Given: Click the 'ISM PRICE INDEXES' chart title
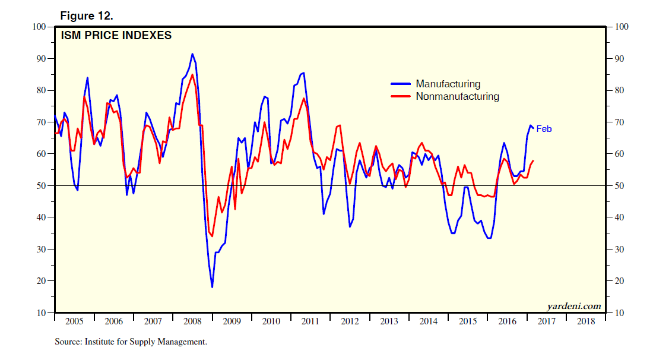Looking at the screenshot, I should click(x=116, y=36).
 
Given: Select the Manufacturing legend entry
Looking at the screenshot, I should click(x=448, y=84).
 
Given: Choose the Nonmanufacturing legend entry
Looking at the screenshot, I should click(x=457, y=96).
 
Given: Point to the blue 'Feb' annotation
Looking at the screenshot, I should click(x=544, y=129).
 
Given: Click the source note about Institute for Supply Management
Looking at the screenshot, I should click(x=131, y=342).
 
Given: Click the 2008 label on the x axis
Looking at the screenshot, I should click(x=192, y=321).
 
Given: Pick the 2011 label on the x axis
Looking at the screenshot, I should click(x=310, y=321).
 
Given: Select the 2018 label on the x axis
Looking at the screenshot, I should click(x=585, y=321).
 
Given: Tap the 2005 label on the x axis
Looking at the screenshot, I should click(x=74, y=321).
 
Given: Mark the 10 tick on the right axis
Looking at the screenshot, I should click(x=618, y=312).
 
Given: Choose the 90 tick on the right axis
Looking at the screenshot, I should click(x=618, y=58).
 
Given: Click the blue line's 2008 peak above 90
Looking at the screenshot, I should click(x=192, y=54).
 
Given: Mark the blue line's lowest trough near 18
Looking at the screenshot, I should click(x=212, y=287).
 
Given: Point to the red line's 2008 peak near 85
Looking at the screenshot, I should click(x=192, y=74).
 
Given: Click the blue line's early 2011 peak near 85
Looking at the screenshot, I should click(x=303, y=73).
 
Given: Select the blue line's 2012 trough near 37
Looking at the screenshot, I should click(x=350, y=226).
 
